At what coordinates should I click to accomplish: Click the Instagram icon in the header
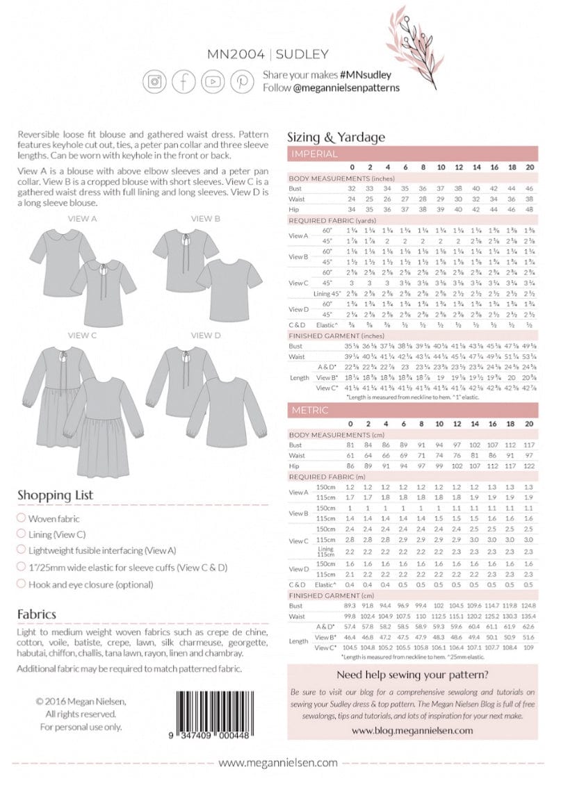pos(154,81)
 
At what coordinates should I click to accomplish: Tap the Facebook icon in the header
pos(184,81)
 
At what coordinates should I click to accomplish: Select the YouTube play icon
pos(213,81)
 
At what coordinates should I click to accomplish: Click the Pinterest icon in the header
pos(242,81)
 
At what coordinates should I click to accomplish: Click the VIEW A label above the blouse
pos(81,219)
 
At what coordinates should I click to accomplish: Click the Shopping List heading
pos(55,495)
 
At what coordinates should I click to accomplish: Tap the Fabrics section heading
pos(37,614)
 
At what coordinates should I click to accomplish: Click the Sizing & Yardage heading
pos(336,137)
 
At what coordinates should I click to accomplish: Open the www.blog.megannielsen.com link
pos(412,730)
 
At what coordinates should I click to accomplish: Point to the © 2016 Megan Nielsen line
pos(81,702)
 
